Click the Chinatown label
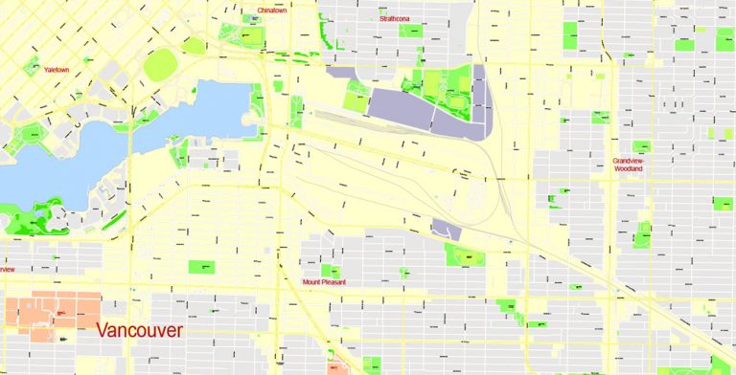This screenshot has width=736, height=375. [x=271, y=11]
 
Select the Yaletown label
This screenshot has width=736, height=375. [x=56, y=69]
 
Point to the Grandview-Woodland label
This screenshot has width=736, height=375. [x=629, y=165]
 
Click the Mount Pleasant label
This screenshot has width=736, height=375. [x=323, y=282]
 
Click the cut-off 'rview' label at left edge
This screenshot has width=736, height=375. [x=7, y=269]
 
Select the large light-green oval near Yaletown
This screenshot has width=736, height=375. [x=160, y=65]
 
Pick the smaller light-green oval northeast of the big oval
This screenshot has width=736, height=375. [x=194, y=45]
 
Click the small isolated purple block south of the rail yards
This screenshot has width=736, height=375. [x=446, y=229]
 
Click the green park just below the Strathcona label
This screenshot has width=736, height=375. [x=411, y=31]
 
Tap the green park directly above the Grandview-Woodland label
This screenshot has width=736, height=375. [x=641, y=146]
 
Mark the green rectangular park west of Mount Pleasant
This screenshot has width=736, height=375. [x=202, y=267]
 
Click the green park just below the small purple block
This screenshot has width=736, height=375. [x=466, y=255]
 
